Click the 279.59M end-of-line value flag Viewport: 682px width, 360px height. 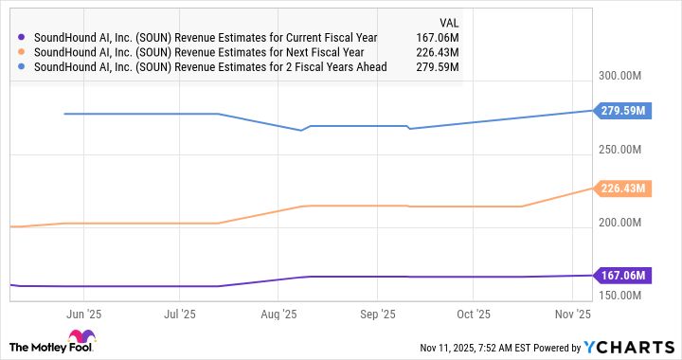tap(622, 111)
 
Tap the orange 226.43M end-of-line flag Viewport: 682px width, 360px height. tap(622, 189)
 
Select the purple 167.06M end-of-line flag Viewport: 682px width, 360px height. tap(622, 276)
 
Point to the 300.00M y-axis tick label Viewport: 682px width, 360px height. tap(628, 77)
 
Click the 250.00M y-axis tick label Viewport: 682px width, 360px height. tap(628, 150)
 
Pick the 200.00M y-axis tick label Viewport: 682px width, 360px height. tap(628, 223)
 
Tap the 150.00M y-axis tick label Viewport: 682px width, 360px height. tap(628, 296)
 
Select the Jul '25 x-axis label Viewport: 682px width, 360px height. tap(180, 313)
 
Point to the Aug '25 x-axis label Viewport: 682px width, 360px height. tap(278, 313)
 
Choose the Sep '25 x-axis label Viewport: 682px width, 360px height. tap(377, 313)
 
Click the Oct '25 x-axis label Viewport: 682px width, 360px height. tap(474, 313)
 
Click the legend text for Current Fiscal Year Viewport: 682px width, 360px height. tap(206, 38)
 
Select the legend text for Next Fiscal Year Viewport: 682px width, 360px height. tap(197, 53)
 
